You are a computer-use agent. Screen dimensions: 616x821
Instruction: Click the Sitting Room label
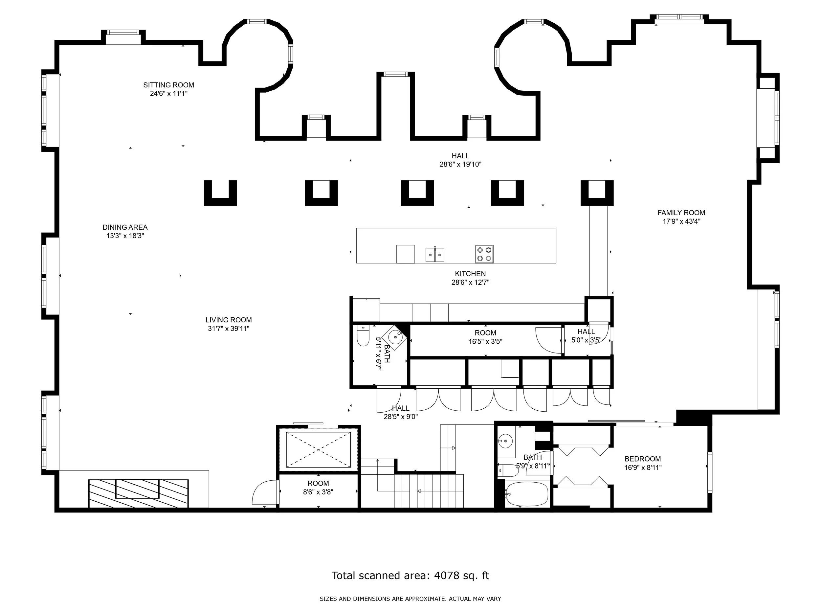(x=168, y=85)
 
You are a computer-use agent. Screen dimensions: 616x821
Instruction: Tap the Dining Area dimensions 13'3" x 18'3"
(x=125, y=236)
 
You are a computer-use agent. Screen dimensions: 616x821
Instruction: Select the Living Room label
(x=229, y=320)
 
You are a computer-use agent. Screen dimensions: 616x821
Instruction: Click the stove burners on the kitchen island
(x=484, y=254)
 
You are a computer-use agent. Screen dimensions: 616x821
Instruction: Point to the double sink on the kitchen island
(x=434, y=255)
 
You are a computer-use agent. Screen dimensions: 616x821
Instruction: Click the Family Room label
(x=681, y=213)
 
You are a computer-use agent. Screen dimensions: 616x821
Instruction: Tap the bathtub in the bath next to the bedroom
(x=527, y=494)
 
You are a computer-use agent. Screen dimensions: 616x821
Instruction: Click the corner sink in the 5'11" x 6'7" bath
(x=396, y=337)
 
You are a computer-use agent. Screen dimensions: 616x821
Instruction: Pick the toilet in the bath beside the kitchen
(x=362, y=336)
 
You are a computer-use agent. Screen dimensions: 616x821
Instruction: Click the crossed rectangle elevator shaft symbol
(x=318, y=450)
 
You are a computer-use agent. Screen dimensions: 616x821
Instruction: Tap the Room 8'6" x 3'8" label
(x=318, y=484)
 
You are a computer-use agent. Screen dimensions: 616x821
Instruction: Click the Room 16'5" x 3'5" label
(x=485, y=333)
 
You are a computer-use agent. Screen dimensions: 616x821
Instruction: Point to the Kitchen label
(x=470, y=274)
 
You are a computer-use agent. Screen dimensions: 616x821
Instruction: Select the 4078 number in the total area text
(x=447, y=576)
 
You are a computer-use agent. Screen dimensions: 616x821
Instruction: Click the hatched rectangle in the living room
(x=138, y=493)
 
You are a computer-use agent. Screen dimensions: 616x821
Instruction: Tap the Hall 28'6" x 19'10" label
(x=460, y=156)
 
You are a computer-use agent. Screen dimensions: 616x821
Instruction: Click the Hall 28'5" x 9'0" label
(x=400, y=408)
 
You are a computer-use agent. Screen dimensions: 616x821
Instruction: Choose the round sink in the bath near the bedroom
(x=505, y=442)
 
